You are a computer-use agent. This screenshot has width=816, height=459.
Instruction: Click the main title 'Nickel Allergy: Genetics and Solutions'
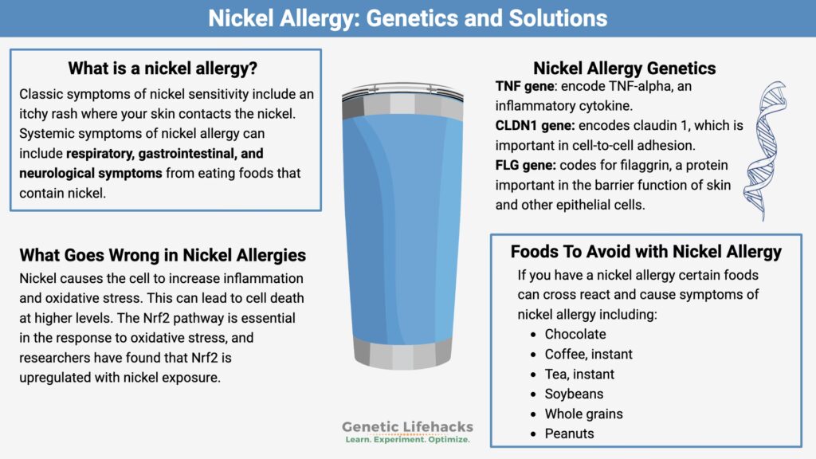(407, 18)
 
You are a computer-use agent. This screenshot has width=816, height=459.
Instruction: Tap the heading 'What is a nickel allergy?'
(163, 69)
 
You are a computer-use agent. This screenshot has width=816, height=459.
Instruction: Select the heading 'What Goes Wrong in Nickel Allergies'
(163, 255)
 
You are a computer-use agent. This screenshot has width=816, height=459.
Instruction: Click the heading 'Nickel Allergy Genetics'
(625, 69)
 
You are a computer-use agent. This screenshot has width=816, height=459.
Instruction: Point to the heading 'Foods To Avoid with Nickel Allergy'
(645, 252)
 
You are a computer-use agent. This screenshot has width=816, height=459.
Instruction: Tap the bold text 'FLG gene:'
(526, 166)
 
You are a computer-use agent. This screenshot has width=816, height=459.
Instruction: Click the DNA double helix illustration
(765, 151)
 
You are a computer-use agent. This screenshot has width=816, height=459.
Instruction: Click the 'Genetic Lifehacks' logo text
(407, 427)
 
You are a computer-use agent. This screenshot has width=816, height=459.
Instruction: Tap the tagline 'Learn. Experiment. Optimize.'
(407, 440)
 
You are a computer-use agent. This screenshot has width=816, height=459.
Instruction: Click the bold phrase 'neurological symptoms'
(91, 173)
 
